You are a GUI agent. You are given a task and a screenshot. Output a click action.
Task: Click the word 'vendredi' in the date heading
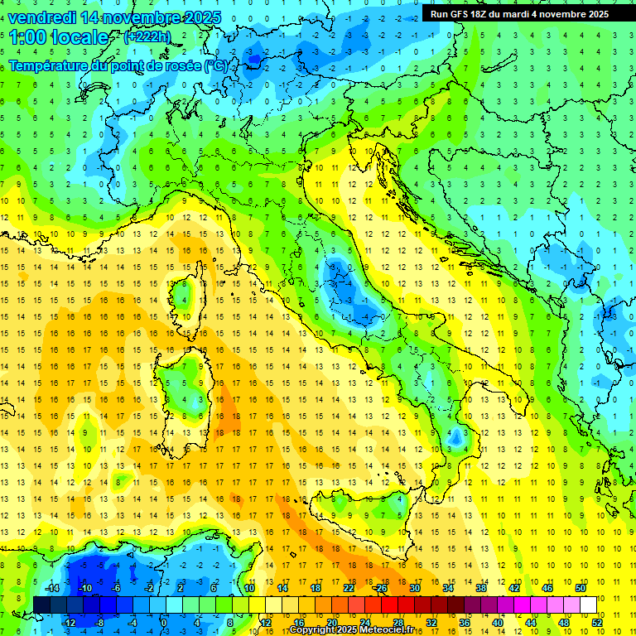(41, 17)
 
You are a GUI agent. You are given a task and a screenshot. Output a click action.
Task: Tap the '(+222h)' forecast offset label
(147, 36)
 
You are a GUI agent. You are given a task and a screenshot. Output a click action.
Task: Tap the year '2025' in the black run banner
(594, 14)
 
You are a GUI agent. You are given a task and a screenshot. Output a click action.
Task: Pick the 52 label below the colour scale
(597, 622)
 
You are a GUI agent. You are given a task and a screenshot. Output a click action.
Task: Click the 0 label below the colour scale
(164, 622)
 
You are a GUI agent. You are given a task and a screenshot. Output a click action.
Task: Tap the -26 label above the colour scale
(380, 588)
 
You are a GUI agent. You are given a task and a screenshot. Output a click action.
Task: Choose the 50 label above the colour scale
(580, 588)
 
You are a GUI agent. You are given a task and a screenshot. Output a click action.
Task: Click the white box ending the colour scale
(588, 605)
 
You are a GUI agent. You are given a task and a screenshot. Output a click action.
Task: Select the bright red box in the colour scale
(389, 605)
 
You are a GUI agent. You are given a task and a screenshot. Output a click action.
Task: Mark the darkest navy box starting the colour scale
(41, 605)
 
